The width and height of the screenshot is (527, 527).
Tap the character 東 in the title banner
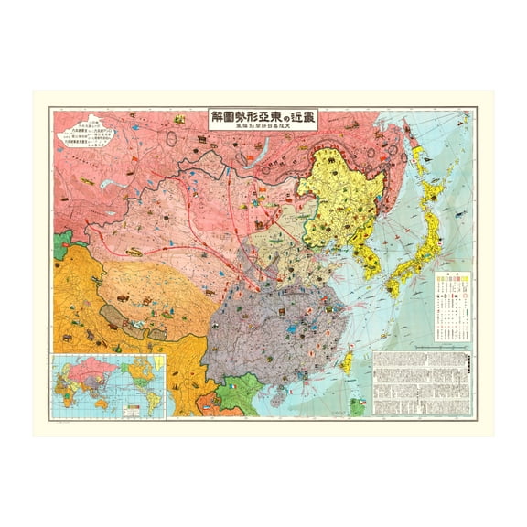(x=265, y=120)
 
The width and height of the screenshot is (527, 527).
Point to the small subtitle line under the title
(x=263, y=134)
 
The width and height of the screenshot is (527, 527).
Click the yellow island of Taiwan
(x=348, y=360)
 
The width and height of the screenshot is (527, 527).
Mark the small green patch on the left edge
(x=59, y=245)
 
